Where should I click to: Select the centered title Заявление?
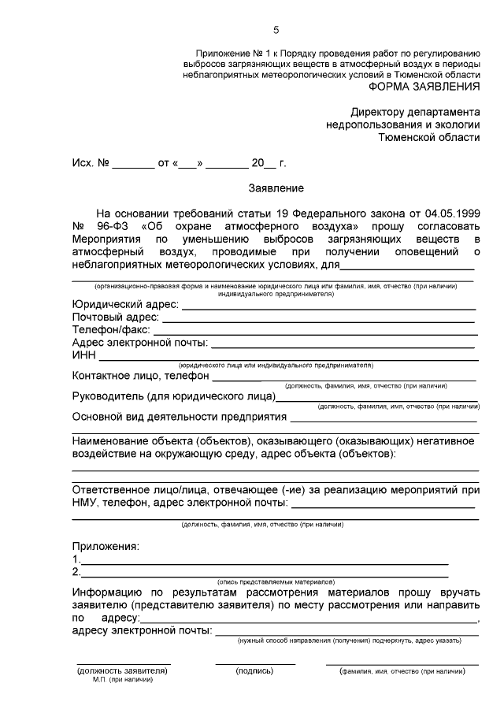tap(276, 188)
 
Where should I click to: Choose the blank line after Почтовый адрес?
tap(318, 318)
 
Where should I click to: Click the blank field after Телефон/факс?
tap(312, 331)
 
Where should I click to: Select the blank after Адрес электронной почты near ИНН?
tap(342, 344)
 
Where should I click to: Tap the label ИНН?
tap(83, 356)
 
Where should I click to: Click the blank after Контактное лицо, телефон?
tap(358, 377)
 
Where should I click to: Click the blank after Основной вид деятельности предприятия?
tap(383, 418)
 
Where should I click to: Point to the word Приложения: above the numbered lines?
tap(106, 545)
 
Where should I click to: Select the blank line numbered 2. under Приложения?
tap(265, 573)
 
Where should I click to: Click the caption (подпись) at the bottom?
tap(254, 671)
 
